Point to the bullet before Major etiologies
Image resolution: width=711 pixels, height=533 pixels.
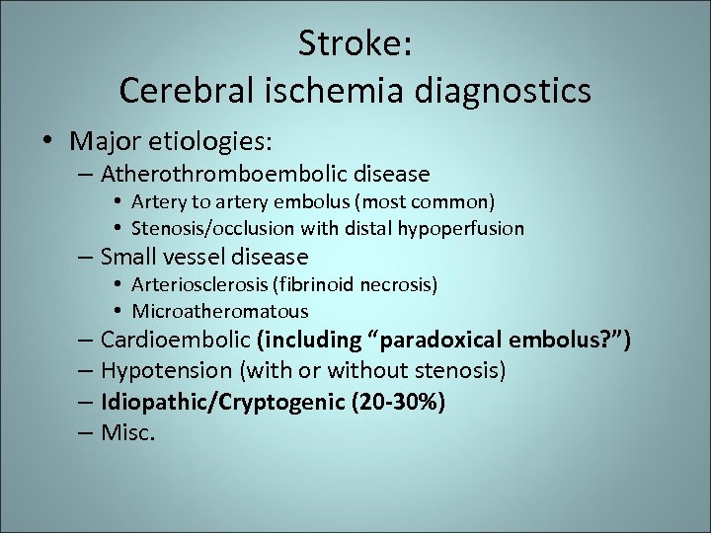coord(48,141)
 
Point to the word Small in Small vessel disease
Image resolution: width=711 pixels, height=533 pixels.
coord(126,258)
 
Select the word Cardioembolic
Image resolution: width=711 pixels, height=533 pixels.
coord(175,341)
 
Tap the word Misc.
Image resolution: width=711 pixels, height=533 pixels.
coord(128,433)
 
